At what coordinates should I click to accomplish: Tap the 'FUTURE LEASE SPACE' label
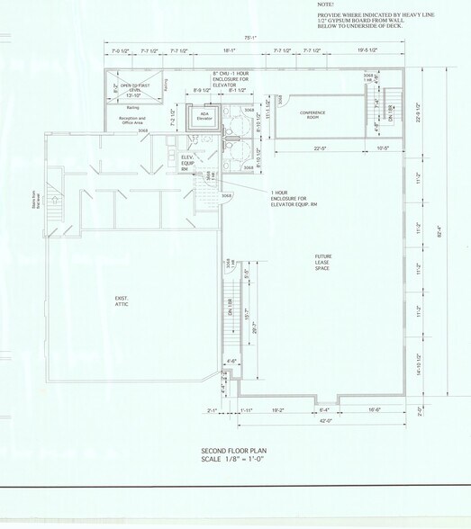click(x=323, y=262)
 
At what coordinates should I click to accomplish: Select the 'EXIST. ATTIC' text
click(x=122, y=302)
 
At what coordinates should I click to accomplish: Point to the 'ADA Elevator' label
click(x=204, y=116)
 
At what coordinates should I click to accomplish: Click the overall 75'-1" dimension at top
click(x=250, y=38)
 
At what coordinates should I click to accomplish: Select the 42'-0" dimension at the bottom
click(x=323, y=420)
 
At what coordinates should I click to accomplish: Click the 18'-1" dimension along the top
click(x=230, y=51)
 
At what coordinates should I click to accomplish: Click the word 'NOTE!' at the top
click(x=326, y=4)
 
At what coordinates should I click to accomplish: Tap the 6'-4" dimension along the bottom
click(x=325, y=409)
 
